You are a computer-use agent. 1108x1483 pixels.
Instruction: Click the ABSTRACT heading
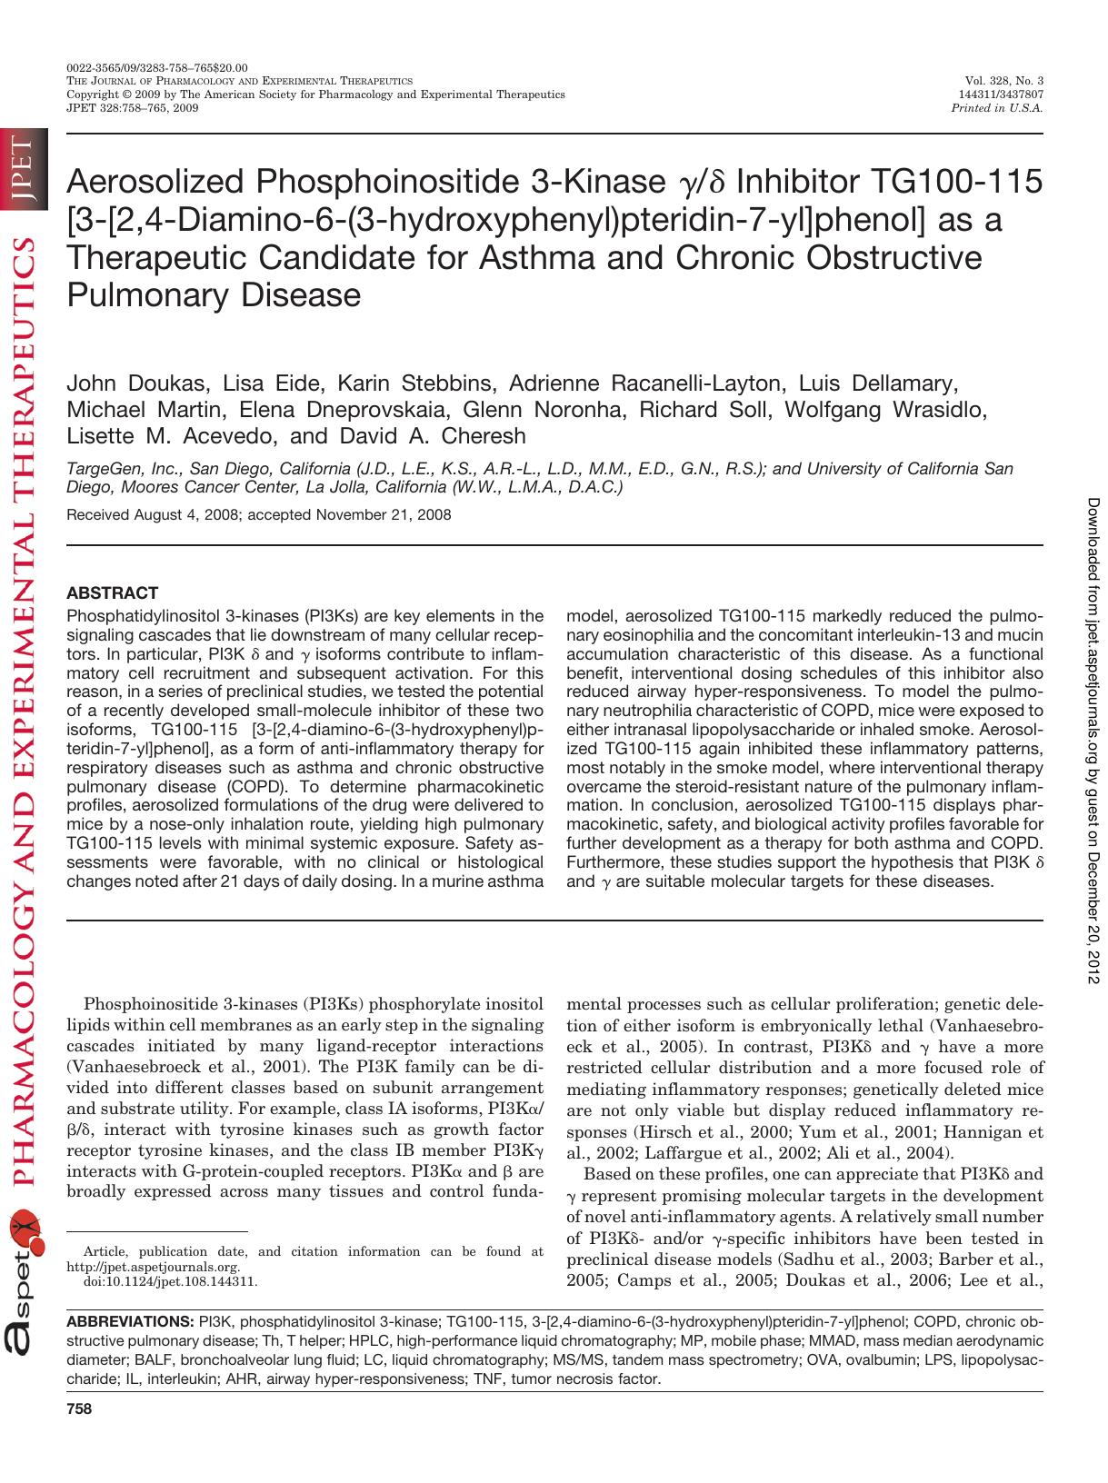pos(113,592)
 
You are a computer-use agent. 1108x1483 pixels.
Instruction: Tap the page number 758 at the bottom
pos(80,1409)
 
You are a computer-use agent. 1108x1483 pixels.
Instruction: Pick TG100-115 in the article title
pos(956,183)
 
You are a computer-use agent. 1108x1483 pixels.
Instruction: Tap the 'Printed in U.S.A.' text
pos(996,107)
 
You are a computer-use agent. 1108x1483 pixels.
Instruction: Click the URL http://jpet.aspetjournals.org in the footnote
pos(154,1267)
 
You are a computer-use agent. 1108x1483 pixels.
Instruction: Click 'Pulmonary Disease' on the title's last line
pos(214,295)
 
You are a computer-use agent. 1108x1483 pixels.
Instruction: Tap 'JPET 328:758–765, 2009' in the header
pos(133,107)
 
